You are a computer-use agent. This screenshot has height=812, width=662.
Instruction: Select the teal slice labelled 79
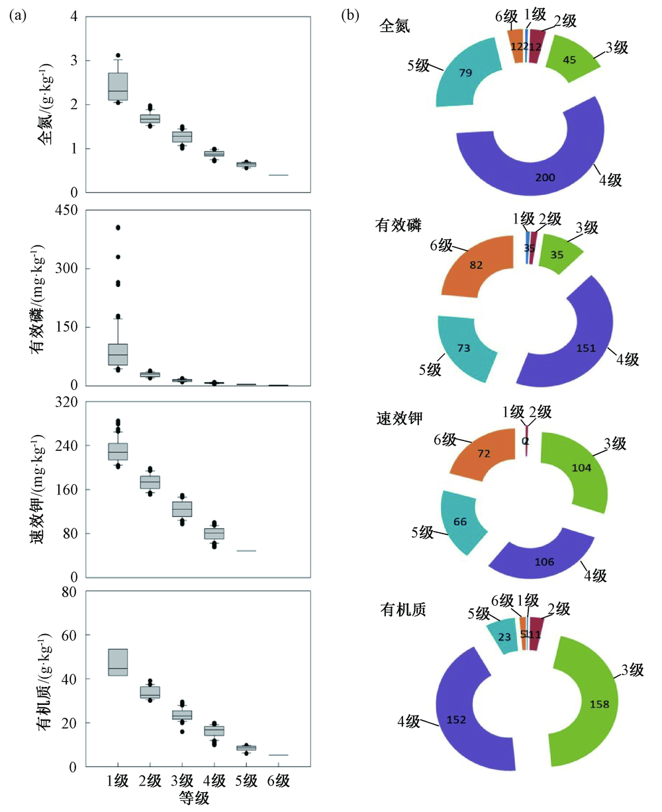(x=463, y=73)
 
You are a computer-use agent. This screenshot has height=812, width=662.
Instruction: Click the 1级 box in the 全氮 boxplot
(x=118, y=86)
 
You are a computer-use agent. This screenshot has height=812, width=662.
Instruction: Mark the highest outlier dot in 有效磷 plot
(x=118, y=227)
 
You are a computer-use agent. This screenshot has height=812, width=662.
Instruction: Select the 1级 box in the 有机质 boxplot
(x=118, y=662)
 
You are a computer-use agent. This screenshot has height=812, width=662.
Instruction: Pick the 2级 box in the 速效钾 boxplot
(x=150, y=482)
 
